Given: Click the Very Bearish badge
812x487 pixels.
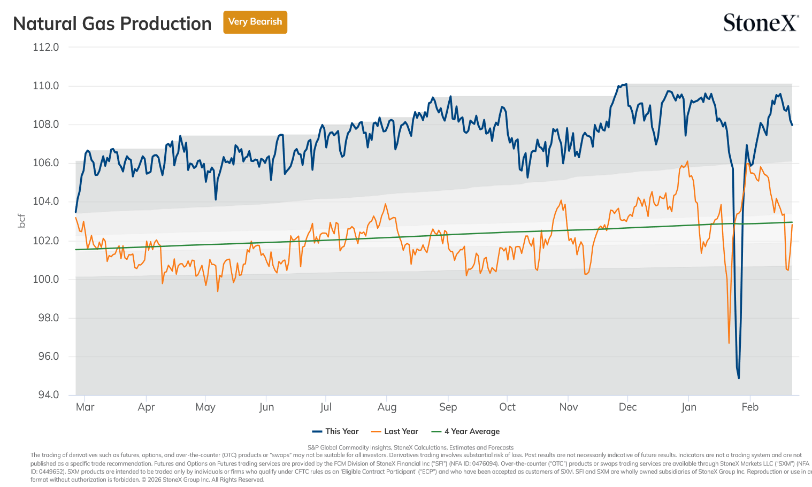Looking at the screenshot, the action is click(x=255, y=22).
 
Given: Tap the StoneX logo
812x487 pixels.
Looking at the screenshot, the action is click(x=761, y=22).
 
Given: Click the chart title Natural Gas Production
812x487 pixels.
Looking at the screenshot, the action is click(x=112, y=24).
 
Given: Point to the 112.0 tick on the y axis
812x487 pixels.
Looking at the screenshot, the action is click(x=45, y=47).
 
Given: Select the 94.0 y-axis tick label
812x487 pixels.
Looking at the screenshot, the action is click(x=48, y=394).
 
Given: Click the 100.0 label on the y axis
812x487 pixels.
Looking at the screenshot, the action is click(x=45, y=279).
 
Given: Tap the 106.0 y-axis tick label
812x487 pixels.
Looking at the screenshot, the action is click(x=45, y=163).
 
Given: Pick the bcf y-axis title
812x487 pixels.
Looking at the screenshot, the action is click(x=22, y=221).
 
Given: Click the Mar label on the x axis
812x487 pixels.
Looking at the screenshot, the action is click(x=85, y=407).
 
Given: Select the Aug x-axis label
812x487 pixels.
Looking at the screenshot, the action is click(x=387, y=407).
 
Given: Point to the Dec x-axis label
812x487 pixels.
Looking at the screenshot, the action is click(x=627, y=407).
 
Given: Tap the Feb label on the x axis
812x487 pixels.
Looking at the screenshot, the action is click(x=750, y=407).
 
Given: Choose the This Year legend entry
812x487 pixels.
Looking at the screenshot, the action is click(x=335, y=431).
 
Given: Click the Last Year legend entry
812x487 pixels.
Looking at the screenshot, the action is click(x=395, y=431).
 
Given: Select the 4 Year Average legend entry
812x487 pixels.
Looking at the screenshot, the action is click(x=465, y=431).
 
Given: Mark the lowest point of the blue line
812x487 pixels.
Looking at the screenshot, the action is click(x=739, y=378).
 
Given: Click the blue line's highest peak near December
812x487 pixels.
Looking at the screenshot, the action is click(x=626, y=84).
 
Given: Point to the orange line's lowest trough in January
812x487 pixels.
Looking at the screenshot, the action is click(x=729, y=343).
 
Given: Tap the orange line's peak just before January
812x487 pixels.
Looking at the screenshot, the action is click(x=687, y=161).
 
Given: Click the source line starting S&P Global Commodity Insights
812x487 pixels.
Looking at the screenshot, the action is click(x=410, y=447).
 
